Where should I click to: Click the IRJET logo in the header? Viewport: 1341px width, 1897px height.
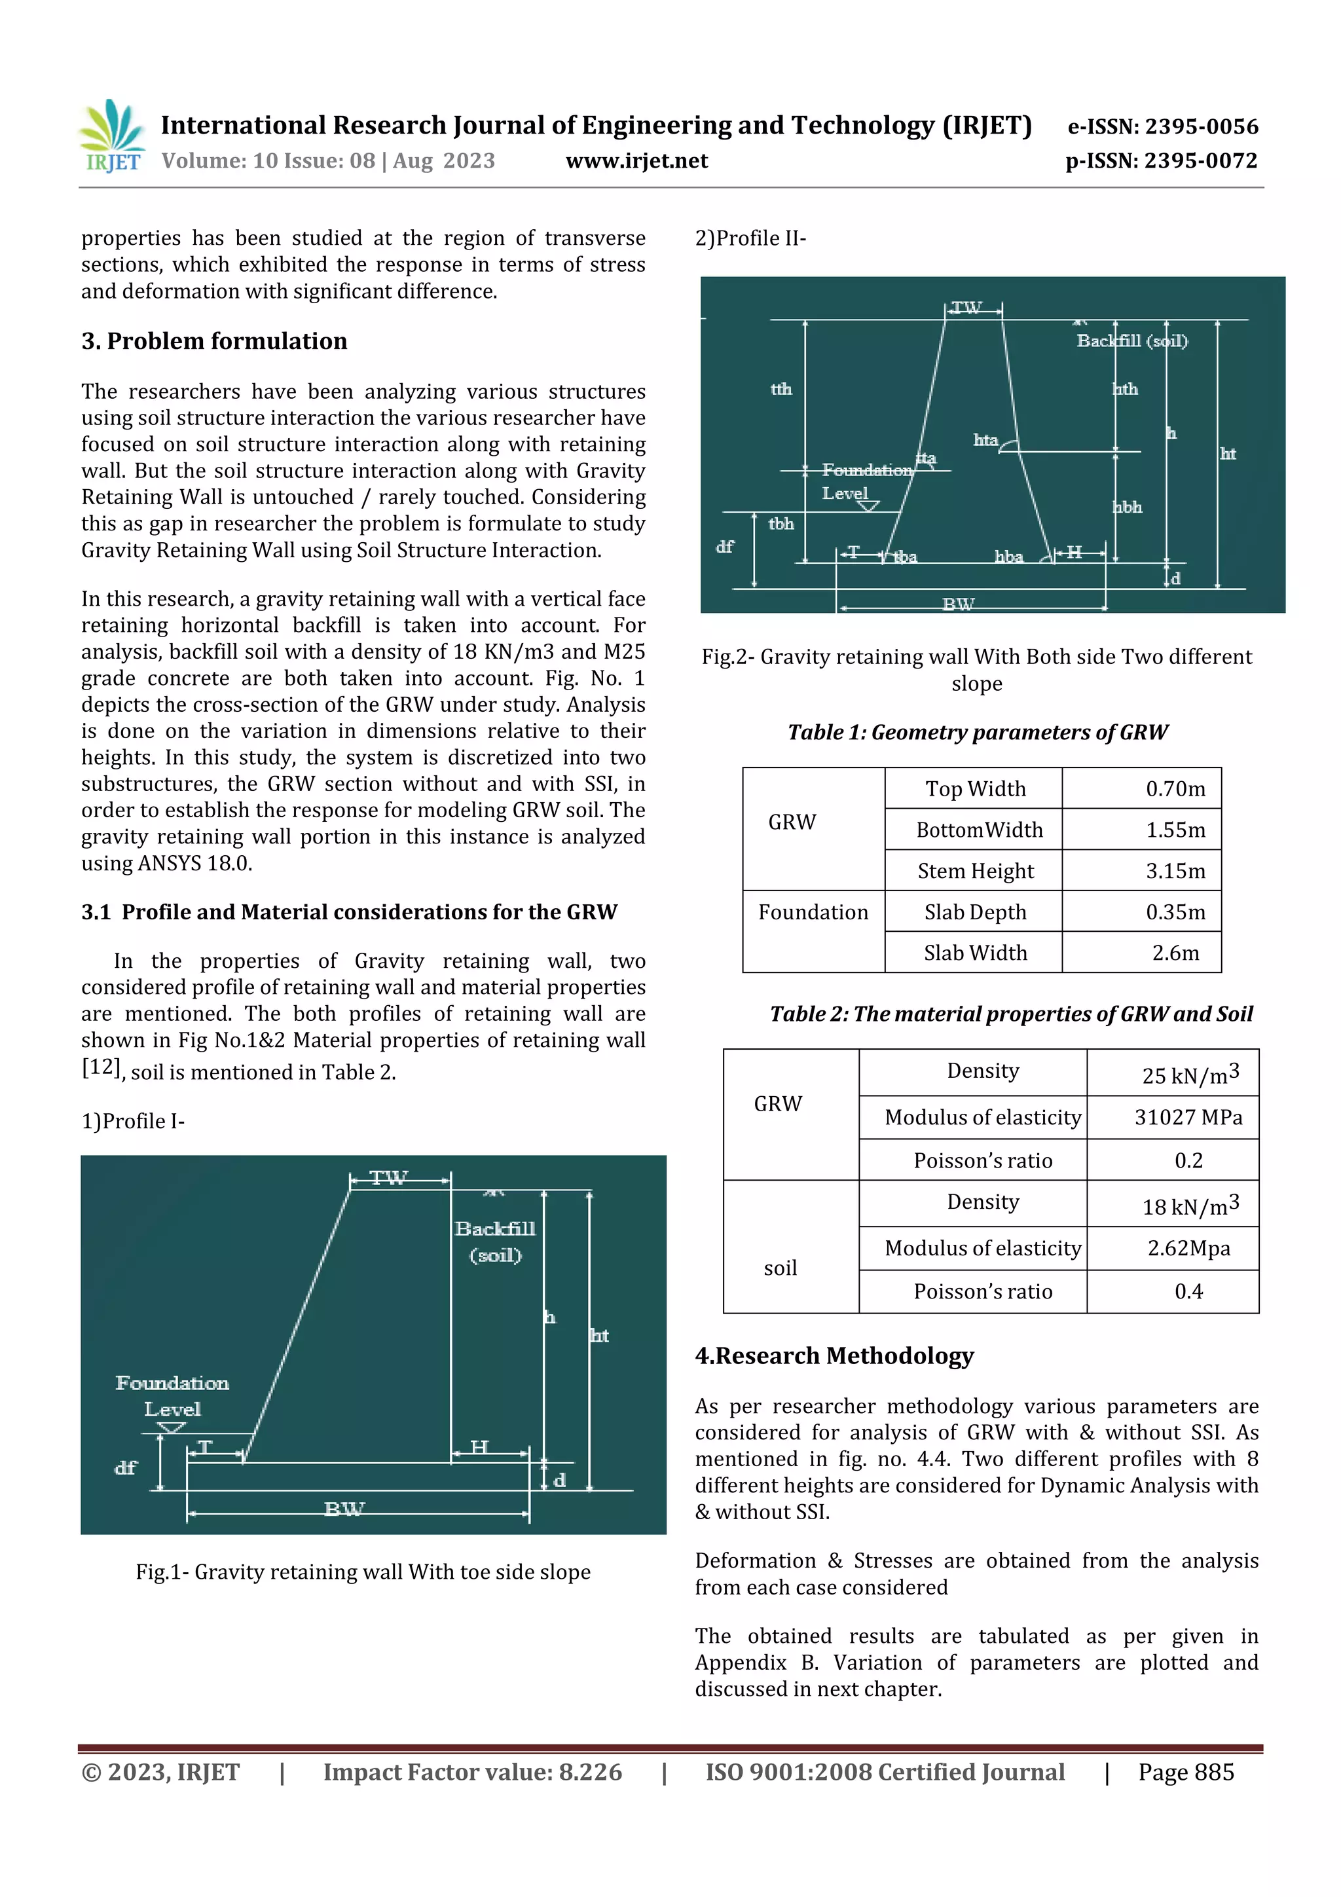[x=111, y=136]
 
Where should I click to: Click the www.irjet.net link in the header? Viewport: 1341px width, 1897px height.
[x=636, y=160]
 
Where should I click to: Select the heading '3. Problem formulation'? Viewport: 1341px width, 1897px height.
[x=214, y=341]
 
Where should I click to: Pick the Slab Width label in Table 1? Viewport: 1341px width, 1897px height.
[x=975, y=953]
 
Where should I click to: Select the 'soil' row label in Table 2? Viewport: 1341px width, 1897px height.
[x=779, y=1268]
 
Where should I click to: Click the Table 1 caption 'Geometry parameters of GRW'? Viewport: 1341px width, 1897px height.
[x=977, y=732]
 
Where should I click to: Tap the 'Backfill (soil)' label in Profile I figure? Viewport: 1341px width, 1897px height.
[x=495, y=1241]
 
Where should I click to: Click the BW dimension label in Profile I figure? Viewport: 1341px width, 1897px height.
[x=344, y=1509]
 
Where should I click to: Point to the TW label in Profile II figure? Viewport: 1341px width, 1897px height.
[x=965, y=308]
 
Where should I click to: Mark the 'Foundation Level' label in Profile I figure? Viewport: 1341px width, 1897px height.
[x=172, y=1395]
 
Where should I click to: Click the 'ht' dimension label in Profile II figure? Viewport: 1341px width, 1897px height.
[x=1227, y=454]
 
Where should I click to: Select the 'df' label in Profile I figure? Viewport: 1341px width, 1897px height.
[x=125, y=1467]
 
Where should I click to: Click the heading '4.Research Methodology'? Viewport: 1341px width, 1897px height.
[x=834, y=1356]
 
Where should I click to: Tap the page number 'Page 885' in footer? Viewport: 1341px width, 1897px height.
[x=1186, y=1772]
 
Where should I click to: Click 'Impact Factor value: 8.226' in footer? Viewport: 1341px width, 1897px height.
[x=472, y=1772]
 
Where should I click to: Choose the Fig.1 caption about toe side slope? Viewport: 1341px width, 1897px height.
[x=363, y=1572]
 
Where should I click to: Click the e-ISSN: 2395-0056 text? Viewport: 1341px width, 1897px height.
[x=1162, y=126]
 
